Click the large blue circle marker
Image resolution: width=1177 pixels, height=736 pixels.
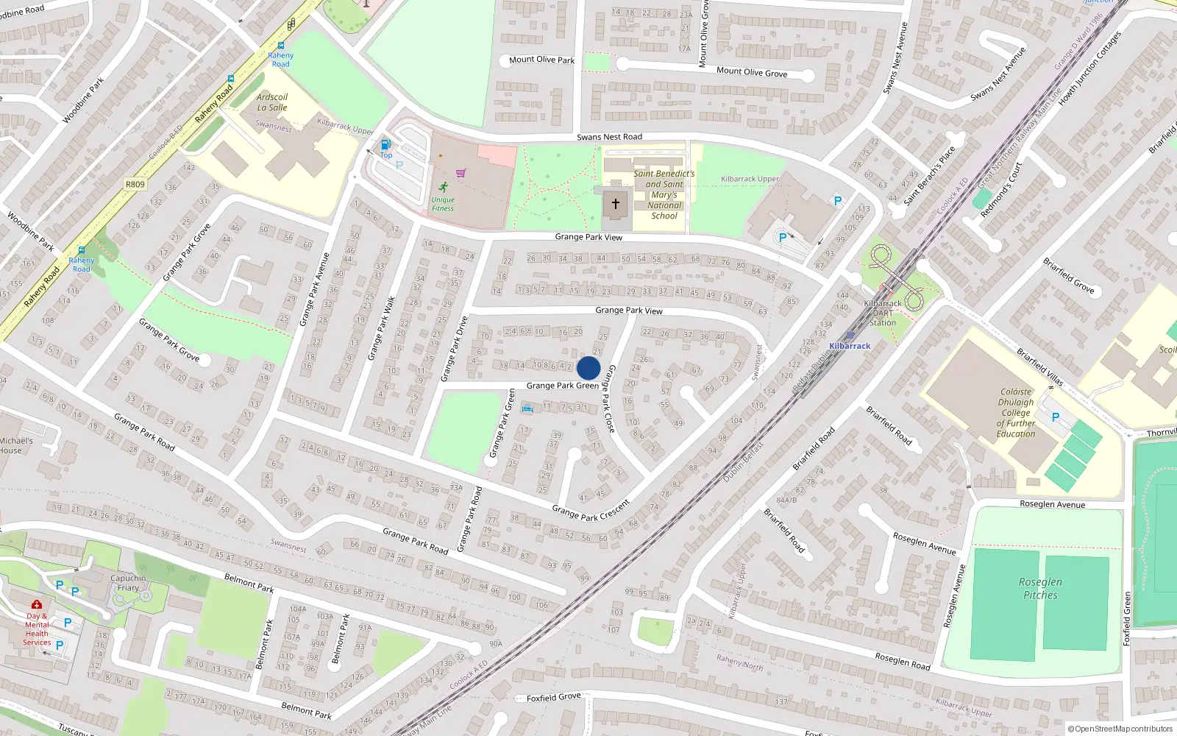point(588,368)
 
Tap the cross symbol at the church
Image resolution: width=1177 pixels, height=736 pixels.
point(616,204)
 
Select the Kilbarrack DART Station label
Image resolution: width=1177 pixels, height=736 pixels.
point(883,313)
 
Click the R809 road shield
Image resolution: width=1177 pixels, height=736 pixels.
point(135,184)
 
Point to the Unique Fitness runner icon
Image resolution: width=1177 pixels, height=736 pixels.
point(443,187)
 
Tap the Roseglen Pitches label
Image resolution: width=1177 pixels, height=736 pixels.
point(1040,588)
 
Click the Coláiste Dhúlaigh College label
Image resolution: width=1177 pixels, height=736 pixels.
point(1016,413)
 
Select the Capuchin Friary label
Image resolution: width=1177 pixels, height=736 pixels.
point(128,583)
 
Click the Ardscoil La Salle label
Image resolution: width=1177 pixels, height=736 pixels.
point(272,102)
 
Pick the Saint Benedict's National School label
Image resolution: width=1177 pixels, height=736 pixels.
point(664,195)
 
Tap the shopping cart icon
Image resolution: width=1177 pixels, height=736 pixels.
point(461,174)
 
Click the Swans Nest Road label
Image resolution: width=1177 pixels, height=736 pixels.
point(609,137)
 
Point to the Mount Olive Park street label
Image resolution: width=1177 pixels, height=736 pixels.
point(541,60)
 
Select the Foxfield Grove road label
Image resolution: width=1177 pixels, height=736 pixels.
point(554,697)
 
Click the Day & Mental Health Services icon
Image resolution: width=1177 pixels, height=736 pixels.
point(37,605)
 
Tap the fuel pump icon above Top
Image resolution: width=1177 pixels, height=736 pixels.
point(385,145)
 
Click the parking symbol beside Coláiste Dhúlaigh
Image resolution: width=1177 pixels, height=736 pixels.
point(1056,417)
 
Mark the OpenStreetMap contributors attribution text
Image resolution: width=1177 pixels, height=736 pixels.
point(1120,729)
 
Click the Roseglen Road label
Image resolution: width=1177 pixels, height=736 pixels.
point(903,660)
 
